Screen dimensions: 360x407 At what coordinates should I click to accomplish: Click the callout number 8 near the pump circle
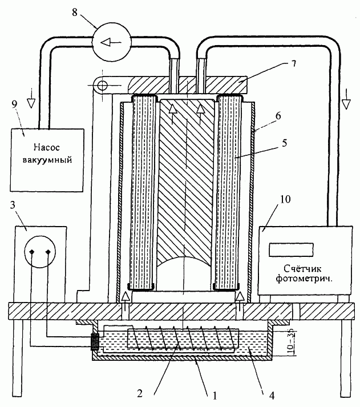tap(75, 12)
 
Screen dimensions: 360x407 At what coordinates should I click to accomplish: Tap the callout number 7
tap(294, 63)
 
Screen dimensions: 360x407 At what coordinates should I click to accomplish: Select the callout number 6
tap(278, 116)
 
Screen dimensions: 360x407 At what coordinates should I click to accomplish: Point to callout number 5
tap(285, 143)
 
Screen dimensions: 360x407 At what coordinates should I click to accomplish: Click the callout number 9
tap(14, 104)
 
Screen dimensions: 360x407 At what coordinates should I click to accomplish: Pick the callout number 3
tap(13, 205)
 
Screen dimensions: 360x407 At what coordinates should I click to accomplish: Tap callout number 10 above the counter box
tap(285, 199)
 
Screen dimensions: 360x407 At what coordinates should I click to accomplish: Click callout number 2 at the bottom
tap(140, 394)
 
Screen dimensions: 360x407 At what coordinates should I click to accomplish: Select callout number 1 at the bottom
tap(215, 396)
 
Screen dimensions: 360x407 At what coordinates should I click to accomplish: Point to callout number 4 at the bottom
tap(272, 396)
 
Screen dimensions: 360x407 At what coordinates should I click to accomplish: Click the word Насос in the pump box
tap(47, 147)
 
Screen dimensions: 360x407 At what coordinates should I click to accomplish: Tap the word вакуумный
tap(47, 160)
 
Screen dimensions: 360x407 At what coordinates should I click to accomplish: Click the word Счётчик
tap(302, 268)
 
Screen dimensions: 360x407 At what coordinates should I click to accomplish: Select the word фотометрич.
tap(304, 279)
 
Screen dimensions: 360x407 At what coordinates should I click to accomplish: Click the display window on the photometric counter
tap(291, 249)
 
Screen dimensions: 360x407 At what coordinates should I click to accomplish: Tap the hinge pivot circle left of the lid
tap(102, 85)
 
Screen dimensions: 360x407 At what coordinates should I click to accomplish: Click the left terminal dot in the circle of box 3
tap(31, 252)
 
